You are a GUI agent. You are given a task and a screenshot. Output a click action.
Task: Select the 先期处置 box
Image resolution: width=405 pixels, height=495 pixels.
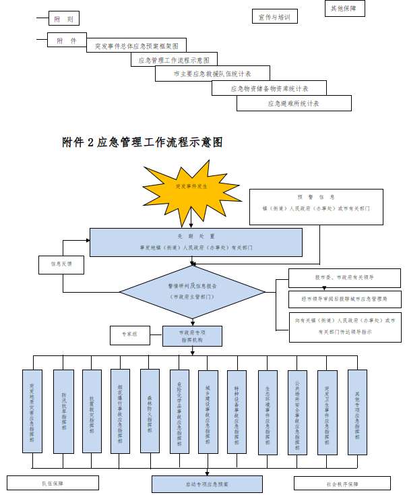click(x=196, y=242)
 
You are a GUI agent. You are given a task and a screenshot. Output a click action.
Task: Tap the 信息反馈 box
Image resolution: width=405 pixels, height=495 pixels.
click(x=61, y=264)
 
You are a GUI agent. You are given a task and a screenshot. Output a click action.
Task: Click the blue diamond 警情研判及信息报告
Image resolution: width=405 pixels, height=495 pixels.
click(x=192, y=291)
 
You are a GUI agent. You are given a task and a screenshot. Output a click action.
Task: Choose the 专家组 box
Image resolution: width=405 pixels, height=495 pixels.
click(x=129, y=334)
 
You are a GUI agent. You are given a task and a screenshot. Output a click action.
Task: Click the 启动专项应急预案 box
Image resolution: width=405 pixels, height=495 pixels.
click(x=207, y=484)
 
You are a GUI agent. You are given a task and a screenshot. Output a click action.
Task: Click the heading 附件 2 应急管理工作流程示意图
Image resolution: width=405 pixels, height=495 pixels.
click(x=142, y=142)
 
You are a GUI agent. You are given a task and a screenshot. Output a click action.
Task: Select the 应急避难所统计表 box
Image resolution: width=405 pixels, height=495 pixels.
click(x=294, y=103)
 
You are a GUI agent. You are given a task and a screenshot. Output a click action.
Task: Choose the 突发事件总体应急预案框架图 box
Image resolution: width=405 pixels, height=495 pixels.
click(x=137, y=46)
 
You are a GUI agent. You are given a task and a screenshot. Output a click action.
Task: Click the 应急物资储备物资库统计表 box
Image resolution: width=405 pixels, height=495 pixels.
click(x=269, y=88)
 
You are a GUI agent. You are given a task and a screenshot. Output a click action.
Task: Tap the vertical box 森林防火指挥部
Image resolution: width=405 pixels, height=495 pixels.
click(x=150, y=410)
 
